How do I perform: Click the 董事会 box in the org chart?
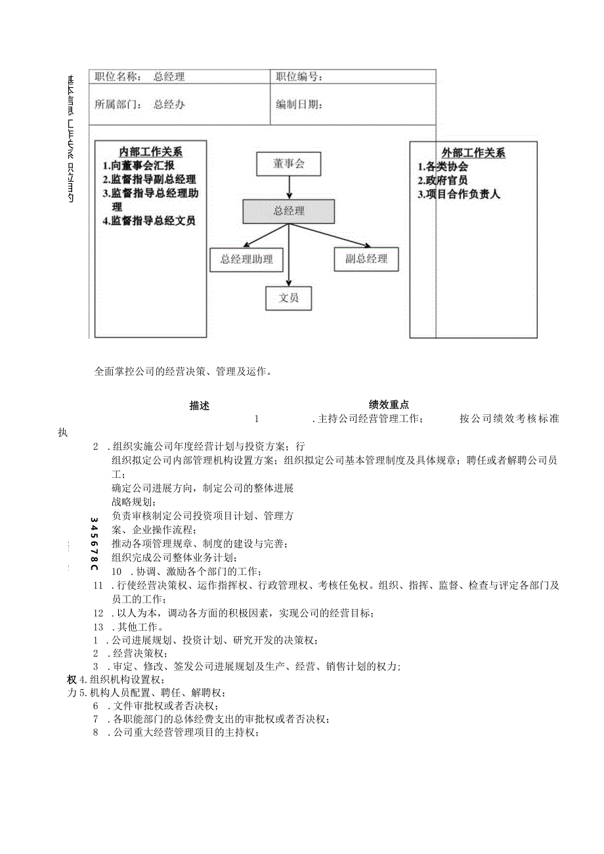coord(289,164)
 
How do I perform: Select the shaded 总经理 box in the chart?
coord(289,211)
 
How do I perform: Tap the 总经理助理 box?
coord(246,259)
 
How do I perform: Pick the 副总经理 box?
coord(366,259)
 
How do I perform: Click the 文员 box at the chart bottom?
coord(289,298)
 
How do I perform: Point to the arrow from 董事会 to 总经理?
coord(289,188)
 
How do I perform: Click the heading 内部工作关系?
coord(151,153)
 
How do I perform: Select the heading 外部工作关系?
coord(473,154)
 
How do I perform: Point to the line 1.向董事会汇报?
coord(139,166)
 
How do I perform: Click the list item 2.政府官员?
coord(443,181)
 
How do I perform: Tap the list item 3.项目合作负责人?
coord(459,194)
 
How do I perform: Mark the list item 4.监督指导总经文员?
coord(149,221)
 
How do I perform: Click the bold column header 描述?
coord(200,406)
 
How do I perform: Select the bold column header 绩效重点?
coord(389,406)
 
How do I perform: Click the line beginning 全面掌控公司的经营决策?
coord(183,372)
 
